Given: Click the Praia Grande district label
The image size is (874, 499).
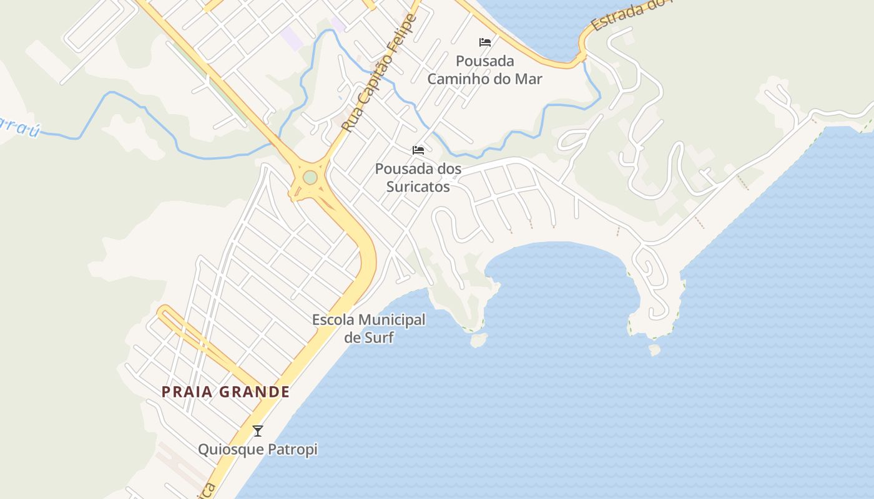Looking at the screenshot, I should (226, 392).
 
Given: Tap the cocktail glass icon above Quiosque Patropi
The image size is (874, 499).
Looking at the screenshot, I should (257, 430).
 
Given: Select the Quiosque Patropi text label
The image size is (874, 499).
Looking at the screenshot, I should (258, 449).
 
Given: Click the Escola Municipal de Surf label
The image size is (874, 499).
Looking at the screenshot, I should (369, 329).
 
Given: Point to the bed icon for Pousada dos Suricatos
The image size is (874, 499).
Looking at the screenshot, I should (418, 150).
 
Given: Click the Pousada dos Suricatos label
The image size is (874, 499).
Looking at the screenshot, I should (418, 177).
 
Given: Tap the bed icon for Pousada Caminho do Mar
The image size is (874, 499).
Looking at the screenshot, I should (485, 42).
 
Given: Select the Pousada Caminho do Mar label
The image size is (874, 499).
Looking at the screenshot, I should (485, 70).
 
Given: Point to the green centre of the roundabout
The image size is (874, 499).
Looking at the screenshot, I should (310, 178).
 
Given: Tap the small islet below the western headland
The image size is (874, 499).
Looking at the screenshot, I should (479, 340).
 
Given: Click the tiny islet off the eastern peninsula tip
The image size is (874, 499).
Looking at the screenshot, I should (654, 350).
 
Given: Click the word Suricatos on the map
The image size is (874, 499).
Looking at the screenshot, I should (418, 186).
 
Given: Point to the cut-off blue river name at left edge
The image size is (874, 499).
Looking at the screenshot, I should (19, 127).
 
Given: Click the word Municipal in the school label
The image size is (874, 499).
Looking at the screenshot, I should (390, 320).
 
